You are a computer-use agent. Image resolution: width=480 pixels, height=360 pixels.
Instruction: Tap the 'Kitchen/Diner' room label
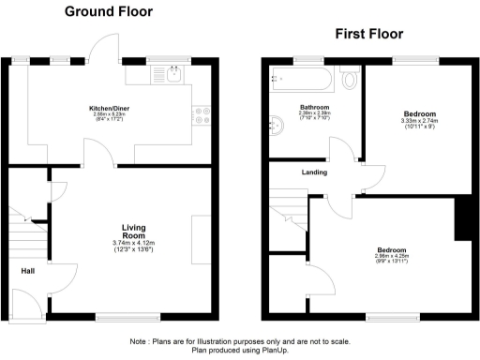point(109,109)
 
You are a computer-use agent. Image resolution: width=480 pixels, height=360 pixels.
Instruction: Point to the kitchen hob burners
point(201,115)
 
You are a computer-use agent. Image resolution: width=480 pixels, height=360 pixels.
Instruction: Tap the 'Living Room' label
point(136,232)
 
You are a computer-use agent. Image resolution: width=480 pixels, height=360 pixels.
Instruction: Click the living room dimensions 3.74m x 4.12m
point(136,245)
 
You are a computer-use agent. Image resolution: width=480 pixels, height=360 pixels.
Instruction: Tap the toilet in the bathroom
point(351,79)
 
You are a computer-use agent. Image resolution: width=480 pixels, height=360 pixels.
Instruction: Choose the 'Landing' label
point(313,172)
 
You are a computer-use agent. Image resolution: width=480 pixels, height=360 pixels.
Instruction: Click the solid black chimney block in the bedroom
point(461,219)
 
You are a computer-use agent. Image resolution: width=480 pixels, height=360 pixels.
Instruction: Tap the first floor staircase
point(291,226)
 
